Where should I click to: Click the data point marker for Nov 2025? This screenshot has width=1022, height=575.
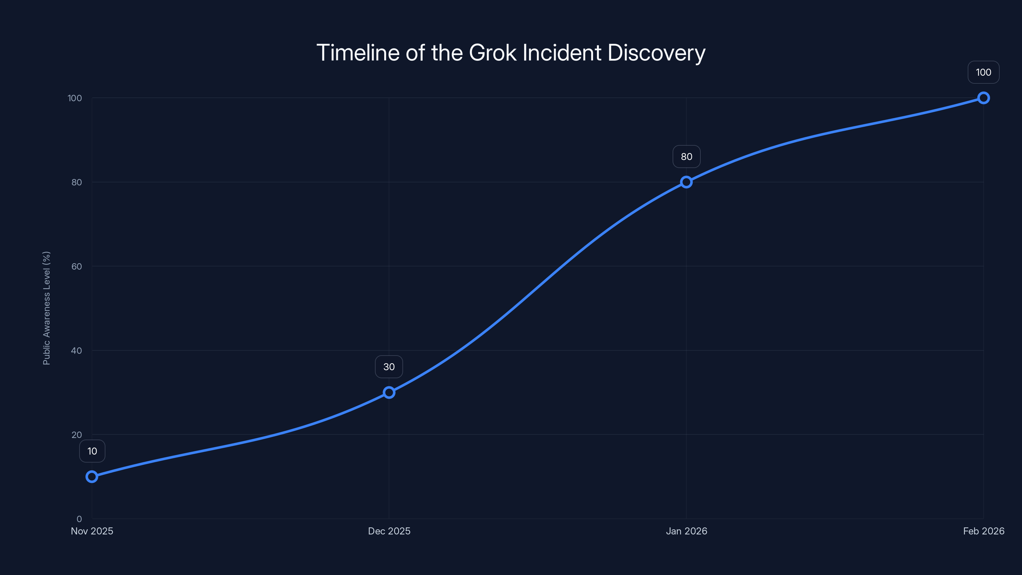[92, 477]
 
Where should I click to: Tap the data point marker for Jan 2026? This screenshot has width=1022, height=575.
[686, 182]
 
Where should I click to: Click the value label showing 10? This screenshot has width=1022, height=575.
[92, 451]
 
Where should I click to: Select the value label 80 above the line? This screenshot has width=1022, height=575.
[686, 157]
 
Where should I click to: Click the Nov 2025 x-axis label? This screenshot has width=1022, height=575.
[92, 531]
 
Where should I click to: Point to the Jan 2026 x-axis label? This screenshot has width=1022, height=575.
[686, 531]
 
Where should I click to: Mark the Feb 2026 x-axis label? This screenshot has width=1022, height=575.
[984, 531]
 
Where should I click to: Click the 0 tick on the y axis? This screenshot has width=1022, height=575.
[79, 519]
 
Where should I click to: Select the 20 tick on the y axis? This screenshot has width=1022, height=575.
[77, 435]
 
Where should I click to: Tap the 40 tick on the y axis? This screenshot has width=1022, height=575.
[77, 351]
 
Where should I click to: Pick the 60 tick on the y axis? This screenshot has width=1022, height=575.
[77, 267]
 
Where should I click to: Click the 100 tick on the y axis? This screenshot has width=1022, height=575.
[75, 98]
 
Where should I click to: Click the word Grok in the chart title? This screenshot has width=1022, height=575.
[492, 53]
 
